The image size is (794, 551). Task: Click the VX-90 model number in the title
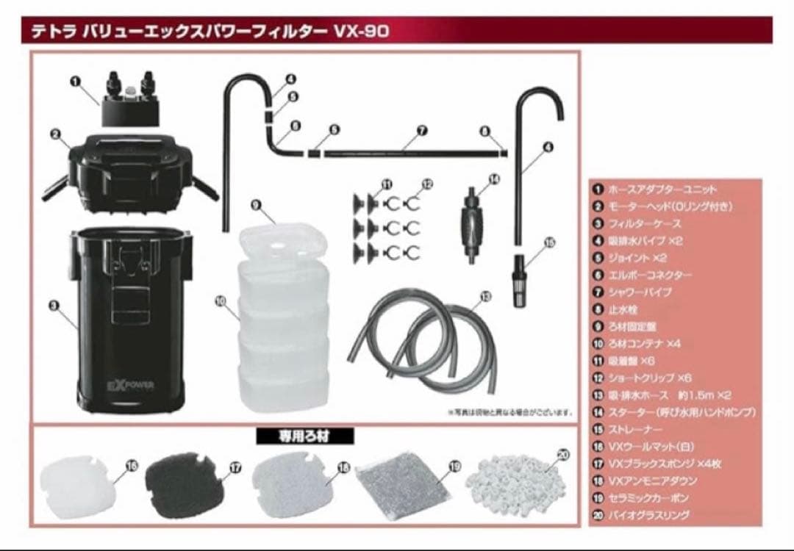tap(360, 31)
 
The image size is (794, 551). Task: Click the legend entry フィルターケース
tap(644, 223)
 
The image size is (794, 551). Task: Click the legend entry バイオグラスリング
tap(648, 515)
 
